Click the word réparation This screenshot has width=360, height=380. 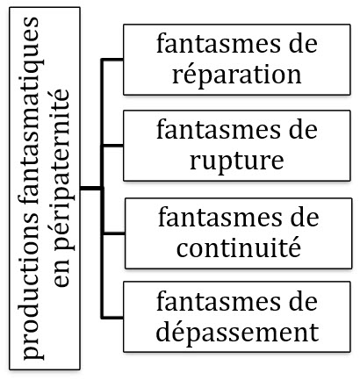coord(236,75)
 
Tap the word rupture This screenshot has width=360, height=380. coord(236,161)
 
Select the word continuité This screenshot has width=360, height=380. coord(239,247)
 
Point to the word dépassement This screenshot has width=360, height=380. coord(237,332)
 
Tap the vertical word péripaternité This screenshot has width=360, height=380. coord(62,168)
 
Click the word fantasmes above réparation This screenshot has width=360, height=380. coord(218,44)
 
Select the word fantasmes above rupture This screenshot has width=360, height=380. coord(218,130)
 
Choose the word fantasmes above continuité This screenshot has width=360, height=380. coord(220,218)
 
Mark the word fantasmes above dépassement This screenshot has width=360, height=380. coord(218,301)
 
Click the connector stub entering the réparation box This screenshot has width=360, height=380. coord(112,60)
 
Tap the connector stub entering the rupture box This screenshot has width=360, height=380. coord(112,146)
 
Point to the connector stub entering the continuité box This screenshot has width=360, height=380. coord(113,233)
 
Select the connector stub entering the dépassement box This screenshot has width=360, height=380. coord(112,318)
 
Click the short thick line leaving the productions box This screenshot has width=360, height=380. coord(91,188)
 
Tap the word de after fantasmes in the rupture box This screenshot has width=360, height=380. coord(303,130)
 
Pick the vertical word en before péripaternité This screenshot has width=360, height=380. coord(62,272)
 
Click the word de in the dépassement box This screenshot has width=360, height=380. coord(303,301)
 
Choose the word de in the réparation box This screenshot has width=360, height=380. coord(303,44)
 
